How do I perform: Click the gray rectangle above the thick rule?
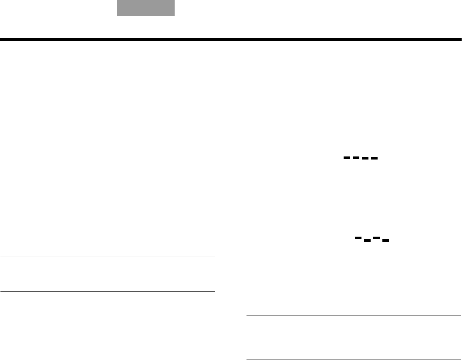coord(146,8)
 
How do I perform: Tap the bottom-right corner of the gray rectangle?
coord(174,16)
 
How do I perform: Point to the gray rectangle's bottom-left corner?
coord(117,16)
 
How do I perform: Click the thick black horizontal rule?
coord(231,40)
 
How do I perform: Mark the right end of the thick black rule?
coord(461,40)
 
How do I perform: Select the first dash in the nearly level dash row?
coord(347,157)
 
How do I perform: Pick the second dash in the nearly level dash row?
coord(356,157)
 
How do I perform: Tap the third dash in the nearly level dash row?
coord(365,158)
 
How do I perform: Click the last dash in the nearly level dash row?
coord(374,158)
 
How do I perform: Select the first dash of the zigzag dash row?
coord(358,238)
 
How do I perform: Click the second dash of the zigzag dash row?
coord(367,240)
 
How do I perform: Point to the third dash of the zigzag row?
coord(376,238)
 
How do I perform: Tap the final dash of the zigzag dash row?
coord(385,240)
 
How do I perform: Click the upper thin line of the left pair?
coord(108,257)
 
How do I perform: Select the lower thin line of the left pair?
coord(108,291)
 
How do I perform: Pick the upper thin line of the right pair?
coord(354,316)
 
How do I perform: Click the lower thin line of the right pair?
coord(354,360)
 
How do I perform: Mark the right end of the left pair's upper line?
coord(215,257)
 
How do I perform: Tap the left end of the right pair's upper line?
coord(247,316)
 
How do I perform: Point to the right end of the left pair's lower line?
coord(215,291)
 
